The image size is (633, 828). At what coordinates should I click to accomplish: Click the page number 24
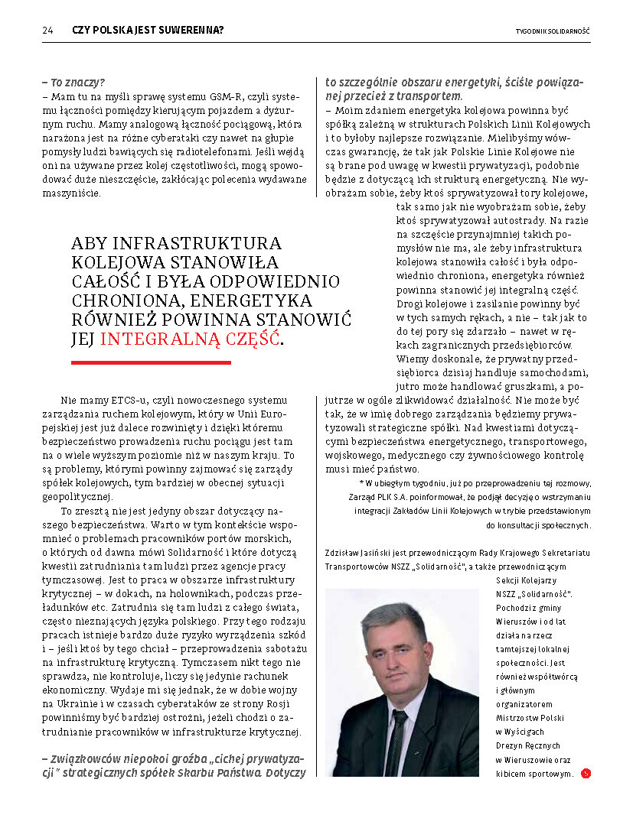click(x=47, y=31)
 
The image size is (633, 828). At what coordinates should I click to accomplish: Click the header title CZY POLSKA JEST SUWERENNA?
click(x=148, y=31)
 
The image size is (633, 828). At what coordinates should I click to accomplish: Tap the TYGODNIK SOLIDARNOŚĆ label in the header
click(x=553, y=31)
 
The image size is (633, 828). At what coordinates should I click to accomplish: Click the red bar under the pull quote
click(x=151, y=362)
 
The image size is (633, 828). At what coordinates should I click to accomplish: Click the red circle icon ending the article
click(x=586, y=773)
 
